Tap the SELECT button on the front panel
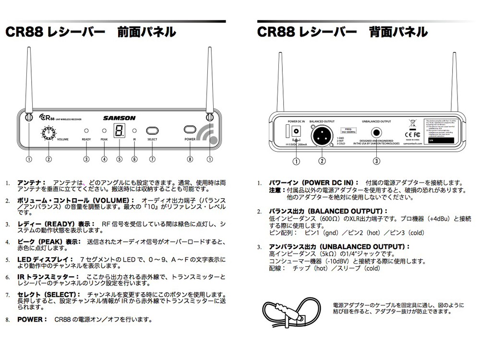[152, 130]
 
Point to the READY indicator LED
[86, 131]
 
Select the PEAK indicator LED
[104, 131]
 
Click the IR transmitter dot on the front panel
[134, 131]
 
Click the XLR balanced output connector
[322, 136]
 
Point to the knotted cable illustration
[285, 312]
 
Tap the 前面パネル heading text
[146, 32]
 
